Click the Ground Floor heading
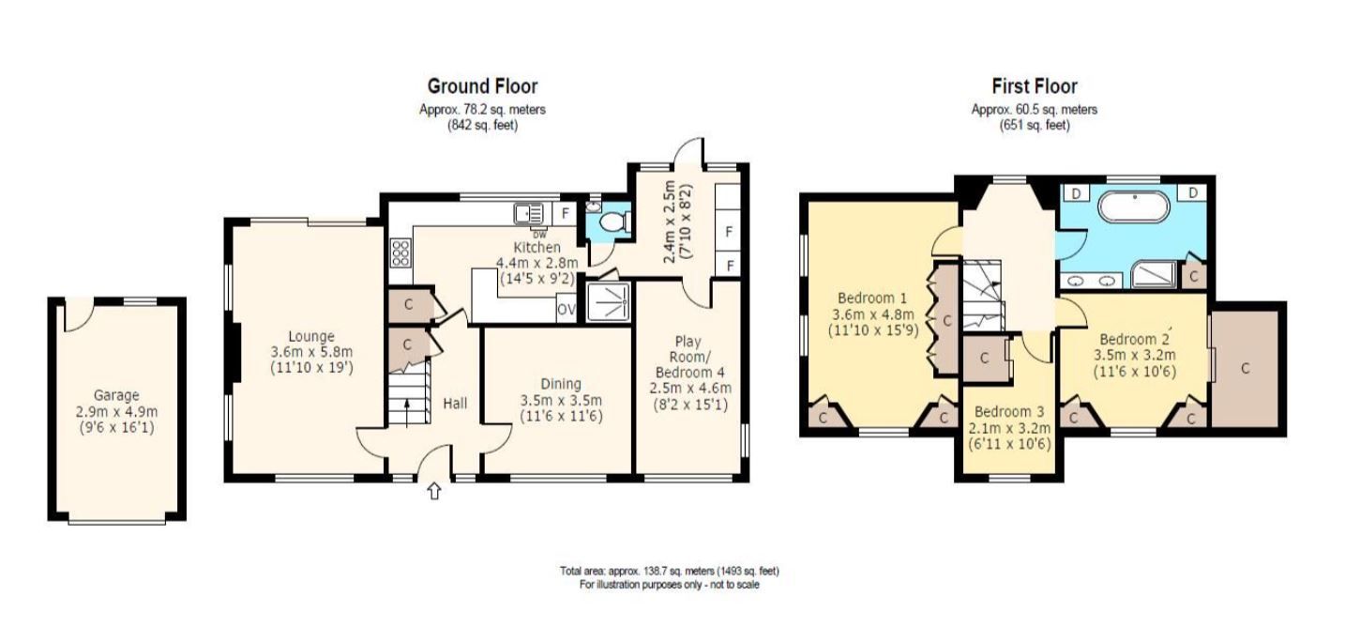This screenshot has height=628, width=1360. (x=482, y=86)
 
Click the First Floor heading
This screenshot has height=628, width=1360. (x=1034, y=86)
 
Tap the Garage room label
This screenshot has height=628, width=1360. (x=116, y=396)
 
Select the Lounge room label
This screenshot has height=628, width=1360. (x=311, y=337)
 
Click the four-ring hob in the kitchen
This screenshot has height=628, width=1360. (x=400, y=253)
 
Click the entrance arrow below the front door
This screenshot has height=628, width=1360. (x=433, y=490)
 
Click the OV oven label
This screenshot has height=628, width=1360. (x=566, y=309)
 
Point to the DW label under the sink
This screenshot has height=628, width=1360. (x=538, y=233)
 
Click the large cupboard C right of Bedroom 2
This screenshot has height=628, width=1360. (x=1246, y=369)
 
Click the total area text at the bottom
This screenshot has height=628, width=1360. (x=669, y=571)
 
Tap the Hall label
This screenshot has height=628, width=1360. (x=454, y=404)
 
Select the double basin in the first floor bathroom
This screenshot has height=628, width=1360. (x=1094, y=280)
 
